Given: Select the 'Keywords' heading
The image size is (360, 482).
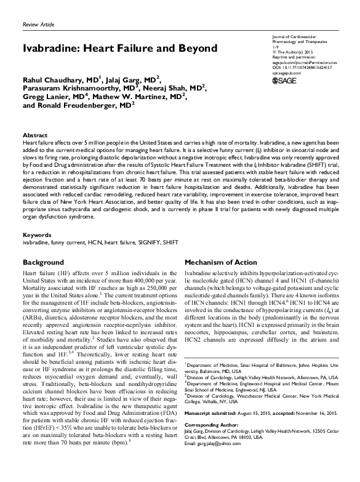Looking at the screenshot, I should (x=37, y=235).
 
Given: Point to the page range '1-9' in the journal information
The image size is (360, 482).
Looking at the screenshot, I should (x=275, y=46).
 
